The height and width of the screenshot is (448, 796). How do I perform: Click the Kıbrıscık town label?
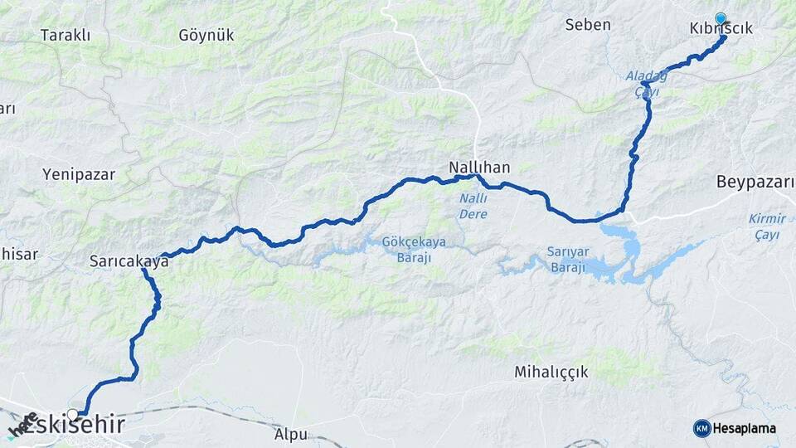[x=721, y=28]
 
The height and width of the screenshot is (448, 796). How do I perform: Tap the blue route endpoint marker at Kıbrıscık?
[x=720, y=17]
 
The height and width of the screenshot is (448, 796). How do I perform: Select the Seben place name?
[x=588, y=25]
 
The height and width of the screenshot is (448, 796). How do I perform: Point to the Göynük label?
[x=206, y=36]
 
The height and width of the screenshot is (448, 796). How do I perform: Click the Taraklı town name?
[x=65, y=36]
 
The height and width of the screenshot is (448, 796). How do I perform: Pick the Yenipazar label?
[x=79, y=174]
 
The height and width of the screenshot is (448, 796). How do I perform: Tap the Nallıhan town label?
[x=479, y=167]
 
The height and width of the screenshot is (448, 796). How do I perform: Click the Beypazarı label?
[x=755, y=182]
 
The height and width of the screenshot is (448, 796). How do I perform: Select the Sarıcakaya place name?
[x=129, y=261]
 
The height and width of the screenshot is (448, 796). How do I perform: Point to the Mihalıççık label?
[x=551, y=372]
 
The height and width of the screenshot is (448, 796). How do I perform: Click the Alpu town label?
[x=290, y=434]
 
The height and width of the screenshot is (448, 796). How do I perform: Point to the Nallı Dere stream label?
[x=473, y=206]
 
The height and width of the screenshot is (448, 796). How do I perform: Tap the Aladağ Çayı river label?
[x=646, y=84]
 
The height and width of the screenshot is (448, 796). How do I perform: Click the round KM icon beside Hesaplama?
[x=701, y=428]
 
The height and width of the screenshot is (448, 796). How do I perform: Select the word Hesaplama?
[x=745, y=428]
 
